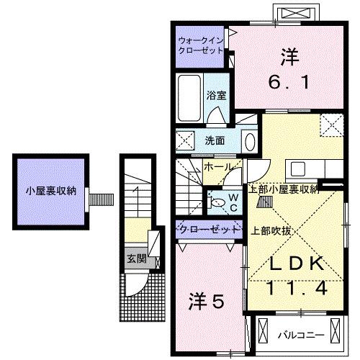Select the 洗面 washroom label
(x=215, y=140)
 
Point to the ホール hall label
(x=217, y=167)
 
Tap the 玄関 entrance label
(x=137, y=258)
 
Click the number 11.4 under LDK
(x=293, y=288)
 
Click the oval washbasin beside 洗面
(x=248, y=140)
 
